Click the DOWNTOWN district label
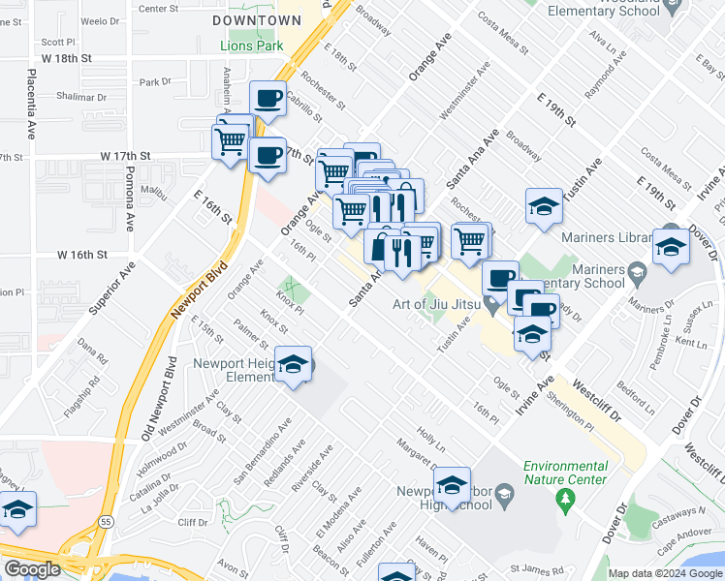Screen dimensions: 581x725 pos(257,19)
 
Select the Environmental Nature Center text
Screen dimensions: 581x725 pos(565,472)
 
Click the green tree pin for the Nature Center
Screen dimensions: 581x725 pos(566,499)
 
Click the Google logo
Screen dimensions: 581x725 pos(32,569)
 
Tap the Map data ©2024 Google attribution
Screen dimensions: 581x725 pos(664,573)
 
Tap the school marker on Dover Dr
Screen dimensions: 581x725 pos(672,246)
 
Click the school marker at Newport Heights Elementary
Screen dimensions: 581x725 pos(293,364)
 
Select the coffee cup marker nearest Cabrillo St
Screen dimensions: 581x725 pos(268,98)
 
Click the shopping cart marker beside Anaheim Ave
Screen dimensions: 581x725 pos(232,139)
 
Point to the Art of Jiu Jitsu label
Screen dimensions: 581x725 pos(433,304)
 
